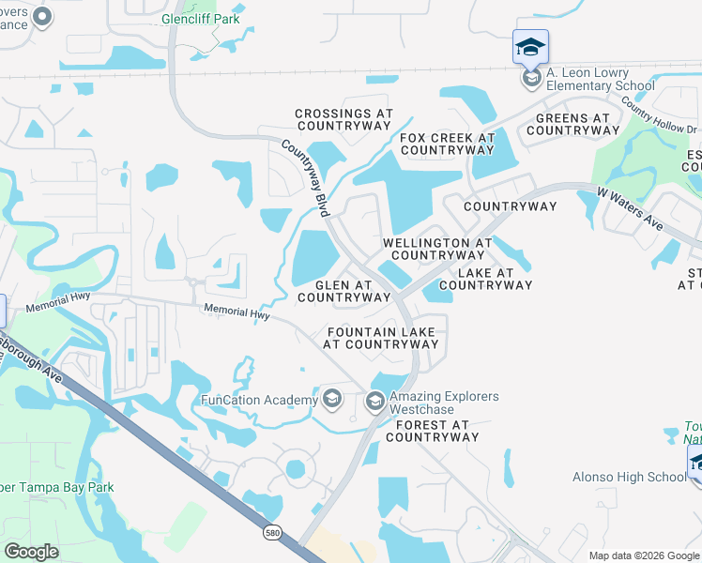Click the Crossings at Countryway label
[343, 119]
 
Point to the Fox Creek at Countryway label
[447, 144]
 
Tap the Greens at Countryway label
[572, 125]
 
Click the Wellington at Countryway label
[437, 249]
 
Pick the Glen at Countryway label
[343, 291]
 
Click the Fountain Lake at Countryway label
[381, 338]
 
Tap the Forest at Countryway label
[432, 431]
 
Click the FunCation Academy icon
[330, 400]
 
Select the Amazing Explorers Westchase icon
[374, 403]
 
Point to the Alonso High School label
[630, 477]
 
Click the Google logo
[31, 552]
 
